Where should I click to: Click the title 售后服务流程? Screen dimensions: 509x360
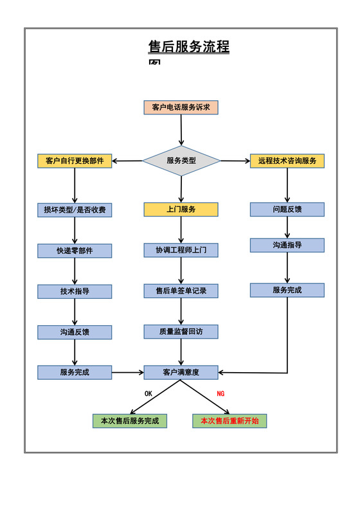click(188, 47)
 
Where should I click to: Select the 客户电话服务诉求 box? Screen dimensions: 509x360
click(181, 107)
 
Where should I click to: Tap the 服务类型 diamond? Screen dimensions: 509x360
click(181, 161)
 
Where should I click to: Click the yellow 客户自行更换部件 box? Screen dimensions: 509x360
click(75, 161)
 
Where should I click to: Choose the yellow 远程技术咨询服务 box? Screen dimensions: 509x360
click(287, 161)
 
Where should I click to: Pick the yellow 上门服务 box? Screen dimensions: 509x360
click(181, 210)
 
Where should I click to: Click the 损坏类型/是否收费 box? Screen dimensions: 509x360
click(75, 210)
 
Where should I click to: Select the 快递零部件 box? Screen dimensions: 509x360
click(75, 251)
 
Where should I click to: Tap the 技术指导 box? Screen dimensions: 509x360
click(75, 292)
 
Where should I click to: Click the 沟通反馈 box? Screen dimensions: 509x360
click(75, 332)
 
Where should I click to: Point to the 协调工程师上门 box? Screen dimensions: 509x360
click(181, 250)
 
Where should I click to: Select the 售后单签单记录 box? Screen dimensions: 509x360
click(181, 291)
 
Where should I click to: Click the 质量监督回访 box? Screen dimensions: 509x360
click(181, 332)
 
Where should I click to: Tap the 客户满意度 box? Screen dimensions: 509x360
click(181, 372)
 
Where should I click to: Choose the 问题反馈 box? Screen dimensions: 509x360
click(287, 210)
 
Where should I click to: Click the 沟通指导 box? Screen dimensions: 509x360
click(287, 246)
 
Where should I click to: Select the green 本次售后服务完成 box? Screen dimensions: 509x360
click(130, 421)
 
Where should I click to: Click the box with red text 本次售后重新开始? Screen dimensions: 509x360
click(230, 421)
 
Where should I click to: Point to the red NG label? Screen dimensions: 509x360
click(221, 393)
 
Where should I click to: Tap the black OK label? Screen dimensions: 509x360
click(148, 393)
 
